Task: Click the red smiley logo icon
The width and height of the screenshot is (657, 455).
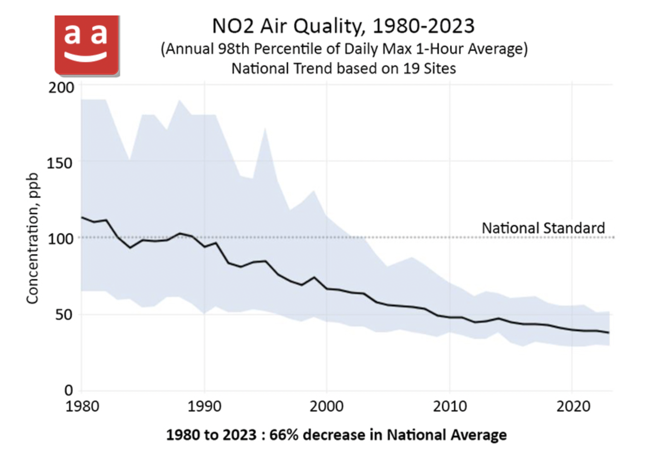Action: pyautogui.click(x=87, y=45)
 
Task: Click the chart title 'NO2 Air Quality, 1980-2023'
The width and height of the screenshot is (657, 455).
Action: pyautogui.click(x=343, y=26)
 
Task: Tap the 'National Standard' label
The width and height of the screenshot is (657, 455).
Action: pyautogui.click(x=543, y=228)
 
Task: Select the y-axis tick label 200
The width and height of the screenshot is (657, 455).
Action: pyautogui.click(x=61, y=87)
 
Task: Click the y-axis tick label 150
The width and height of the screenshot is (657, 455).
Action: pyautogui.click(x=59, y=163)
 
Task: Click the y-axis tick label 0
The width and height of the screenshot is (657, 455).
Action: pyautogui.click(x=69, y=390)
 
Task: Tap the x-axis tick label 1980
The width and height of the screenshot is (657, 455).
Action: pyautogui.click(x=82, y=406)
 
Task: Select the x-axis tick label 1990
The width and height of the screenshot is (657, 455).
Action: pyautogui.click(x=205, y=406)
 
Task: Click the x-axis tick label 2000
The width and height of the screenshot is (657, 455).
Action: pyautogui.click(x=327, y=406)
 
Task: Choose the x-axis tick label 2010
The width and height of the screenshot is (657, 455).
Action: pyautogui.click(x=449, y=406)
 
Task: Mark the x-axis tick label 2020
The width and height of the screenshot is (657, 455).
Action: pyautogui.click(x=573, y=406)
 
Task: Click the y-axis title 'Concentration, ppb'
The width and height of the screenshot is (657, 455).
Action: pyautogui.click(x=33, y=238)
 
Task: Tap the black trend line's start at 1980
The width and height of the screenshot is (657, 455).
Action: pyautogui.click(x=82, y=217)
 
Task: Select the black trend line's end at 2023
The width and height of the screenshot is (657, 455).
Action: pyautogui.click(x=609, y=333)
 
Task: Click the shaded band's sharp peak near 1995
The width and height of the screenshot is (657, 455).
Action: pyautogui.click(x=265, y=128)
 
